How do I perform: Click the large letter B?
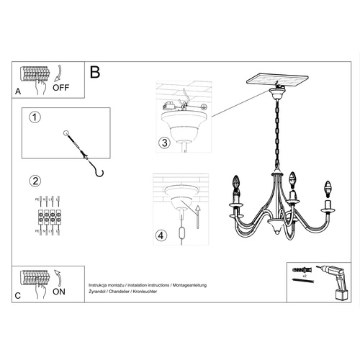point(95,73)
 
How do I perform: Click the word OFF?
point(62,89)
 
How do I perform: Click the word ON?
point(60,292)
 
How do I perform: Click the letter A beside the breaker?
point(18,92)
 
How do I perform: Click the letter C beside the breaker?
point(18,295)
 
